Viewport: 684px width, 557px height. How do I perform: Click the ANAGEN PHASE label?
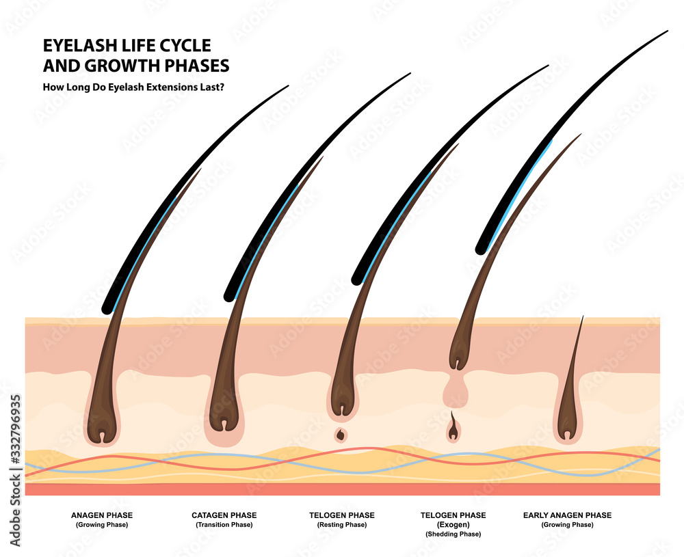pos(102,515)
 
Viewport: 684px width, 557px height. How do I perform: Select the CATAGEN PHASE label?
pos(224,515)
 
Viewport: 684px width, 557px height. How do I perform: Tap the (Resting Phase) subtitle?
pos(341,525)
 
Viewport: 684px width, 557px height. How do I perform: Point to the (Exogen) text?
pos(453,525)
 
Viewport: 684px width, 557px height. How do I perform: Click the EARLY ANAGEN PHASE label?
pos(567,515)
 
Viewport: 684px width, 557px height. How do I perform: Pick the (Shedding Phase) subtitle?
pos(453,534)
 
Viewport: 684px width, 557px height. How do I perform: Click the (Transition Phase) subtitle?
pos(224,525)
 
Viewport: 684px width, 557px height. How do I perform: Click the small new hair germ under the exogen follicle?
pos(452,429)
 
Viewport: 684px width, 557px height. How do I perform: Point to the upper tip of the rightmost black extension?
pos(665,31)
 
